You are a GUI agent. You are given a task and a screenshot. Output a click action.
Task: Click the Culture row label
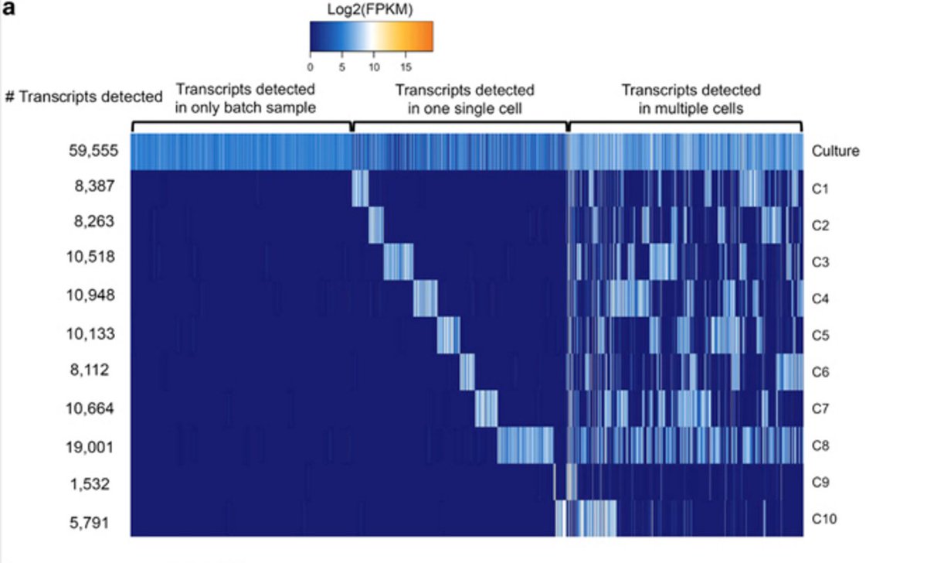click(x=835, y=151)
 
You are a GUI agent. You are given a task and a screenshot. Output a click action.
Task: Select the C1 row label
click(x=820, y=188)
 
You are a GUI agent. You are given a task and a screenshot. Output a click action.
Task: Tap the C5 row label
click(x=820, y=335)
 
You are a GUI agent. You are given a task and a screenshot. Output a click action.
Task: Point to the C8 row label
click(x=820, y=445)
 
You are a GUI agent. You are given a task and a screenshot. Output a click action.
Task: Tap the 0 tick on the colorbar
click(x=310, y=67)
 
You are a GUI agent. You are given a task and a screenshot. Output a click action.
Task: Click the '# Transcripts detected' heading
click(x=83, y=97)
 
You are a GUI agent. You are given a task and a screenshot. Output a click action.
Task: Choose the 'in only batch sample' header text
click(x=246, y=108)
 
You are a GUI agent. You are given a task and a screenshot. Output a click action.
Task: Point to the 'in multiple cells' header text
click(x=691, y=108)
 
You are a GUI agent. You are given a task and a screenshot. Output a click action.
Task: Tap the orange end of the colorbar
click(x=426, y=36)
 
